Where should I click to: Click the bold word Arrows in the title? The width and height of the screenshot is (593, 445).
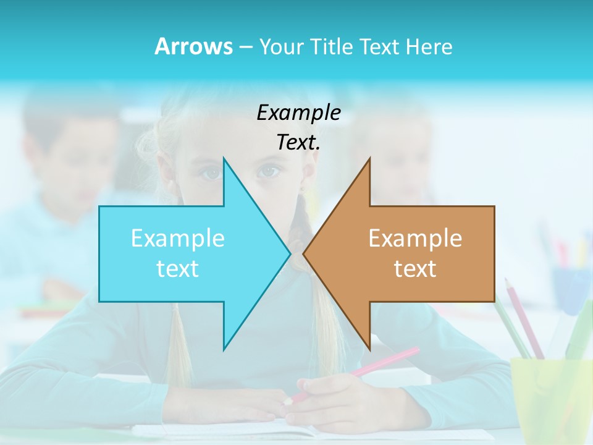193,46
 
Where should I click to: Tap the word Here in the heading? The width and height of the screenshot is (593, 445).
429,46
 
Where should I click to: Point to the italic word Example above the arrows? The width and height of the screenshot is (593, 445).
298,112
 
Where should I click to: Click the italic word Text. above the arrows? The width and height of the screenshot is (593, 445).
298,142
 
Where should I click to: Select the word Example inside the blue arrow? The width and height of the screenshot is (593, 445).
178,238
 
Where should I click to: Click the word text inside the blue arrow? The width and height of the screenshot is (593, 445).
178,269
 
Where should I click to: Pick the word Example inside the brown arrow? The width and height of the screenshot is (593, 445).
415,238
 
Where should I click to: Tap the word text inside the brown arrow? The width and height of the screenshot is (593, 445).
415,269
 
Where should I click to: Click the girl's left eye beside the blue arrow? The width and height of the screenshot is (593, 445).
212,173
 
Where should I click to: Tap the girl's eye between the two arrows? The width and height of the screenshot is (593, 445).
268,171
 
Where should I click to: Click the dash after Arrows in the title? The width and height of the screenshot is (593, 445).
245,47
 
